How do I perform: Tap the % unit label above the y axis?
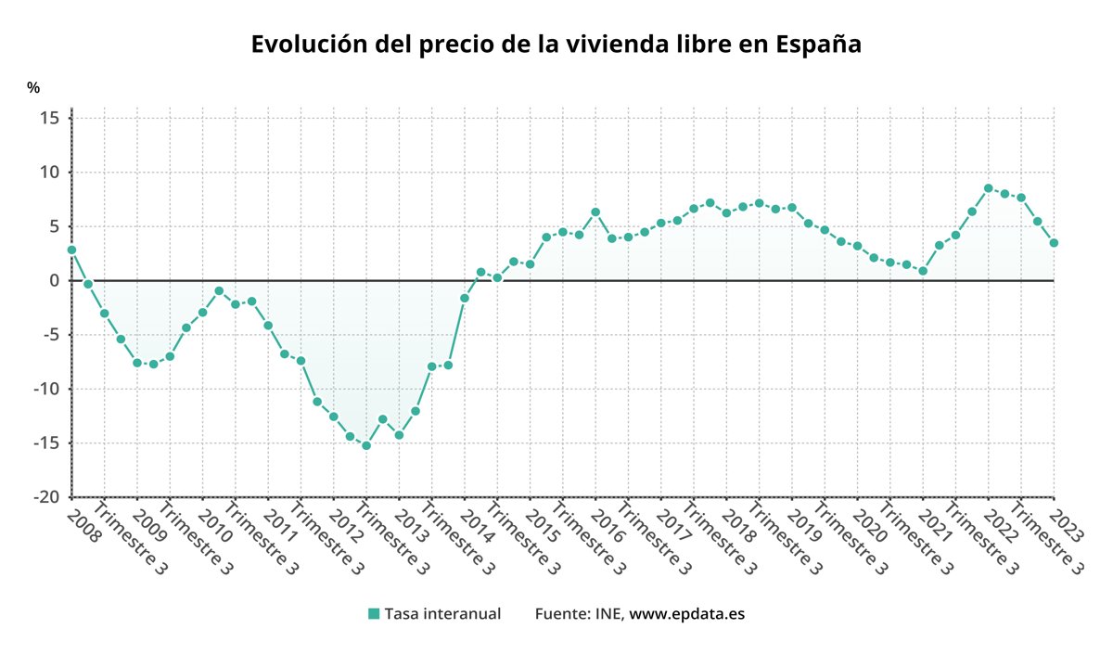click(x=33, y=88)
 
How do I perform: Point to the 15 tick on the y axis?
click(x=50, y=118)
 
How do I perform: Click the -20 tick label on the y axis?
click(x=45, y=497)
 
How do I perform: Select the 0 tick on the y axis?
click(x=55, y=280)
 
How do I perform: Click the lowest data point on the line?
click(x=366, y=445)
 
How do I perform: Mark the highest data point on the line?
click(x=989, y=188)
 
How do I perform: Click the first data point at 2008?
click(x=71, y=250)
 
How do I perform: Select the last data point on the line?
click(x=1054, y=243)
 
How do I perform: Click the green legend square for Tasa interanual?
click(x=374, y=614)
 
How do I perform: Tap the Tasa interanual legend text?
click(x=442, y=614)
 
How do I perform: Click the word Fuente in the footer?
click(x=556, y=614)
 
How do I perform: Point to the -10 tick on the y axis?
click(x=45, y=389)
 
